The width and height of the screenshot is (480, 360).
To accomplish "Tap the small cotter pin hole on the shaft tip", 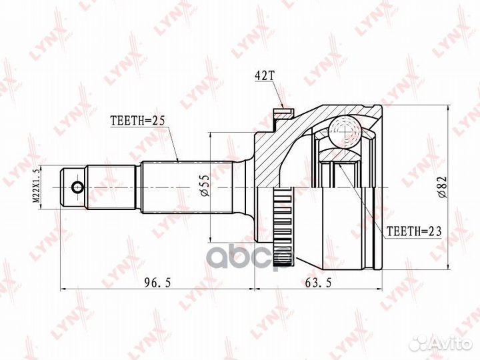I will (x=77, y=187).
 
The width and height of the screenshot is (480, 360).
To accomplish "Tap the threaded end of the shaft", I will (x=74, y=187).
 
